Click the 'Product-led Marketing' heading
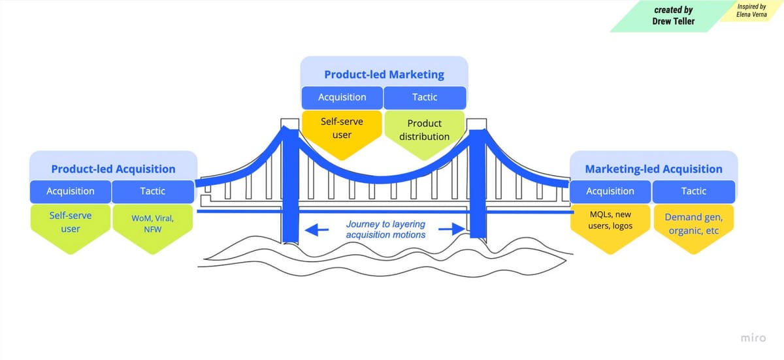[384, 74]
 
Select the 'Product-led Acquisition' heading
[113, 169]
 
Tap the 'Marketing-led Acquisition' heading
[653, 169]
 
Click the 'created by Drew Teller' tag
[672, 16]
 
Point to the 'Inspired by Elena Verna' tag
[751, 10]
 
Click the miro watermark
[753, 337]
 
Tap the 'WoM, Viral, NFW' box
[152, 223]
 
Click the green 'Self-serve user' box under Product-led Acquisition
[71, 222]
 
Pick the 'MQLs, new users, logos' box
[610, 221]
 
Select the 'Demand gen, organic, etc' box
[693, 223]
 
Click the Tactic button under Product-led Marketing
[425, 97]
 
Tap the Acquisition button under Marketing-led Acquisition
[610, 191]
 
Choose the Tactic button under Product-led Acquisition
[152, 191]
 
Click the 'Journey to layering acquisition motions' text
[385, 229]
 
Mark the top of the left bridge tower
[286, 123]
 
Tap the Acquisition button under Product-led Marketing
[342, 97]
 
